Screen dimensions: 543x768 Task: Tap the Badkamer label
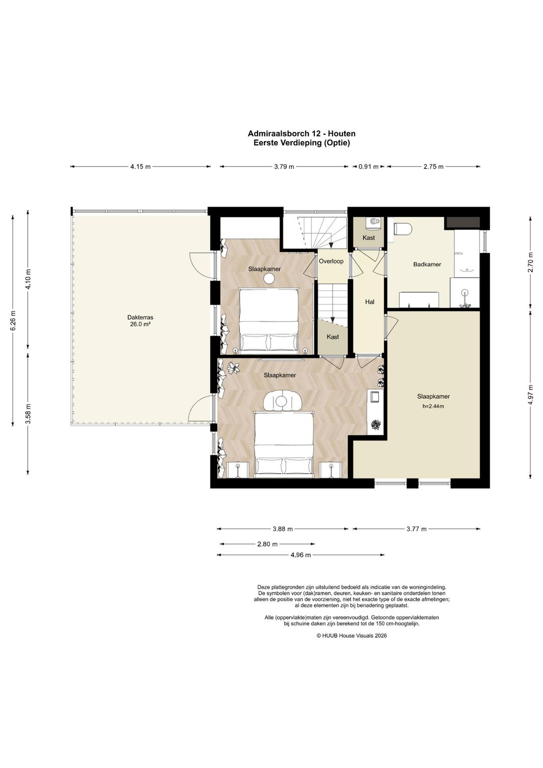point(427,264)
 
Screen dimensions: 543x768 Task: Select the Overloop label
point(331,261)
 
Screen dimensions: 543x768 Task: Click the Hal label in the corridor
point(370,302)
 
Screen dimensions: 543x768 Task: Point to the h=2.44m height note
point(433,407)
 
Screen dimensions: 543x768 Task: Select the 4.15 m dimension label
point(140,167)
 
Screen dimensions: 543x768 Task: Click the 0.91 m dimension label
point(368,167)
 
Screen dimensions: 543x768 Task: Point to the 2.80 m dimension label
point(267,544)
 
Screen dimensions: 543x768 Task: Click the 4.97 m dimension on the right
point(530,395)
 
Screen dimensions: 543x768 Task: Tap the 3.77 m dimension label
point(416,529)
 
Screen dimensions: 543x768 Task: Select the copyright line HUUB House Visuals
point(352,635)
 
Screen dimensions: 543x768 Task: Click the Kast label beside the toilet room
point(369,238)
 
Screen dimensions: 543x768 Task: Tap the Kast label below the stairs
point(333,337)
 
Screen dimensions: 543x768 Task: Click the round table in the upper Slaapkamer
point(268,279)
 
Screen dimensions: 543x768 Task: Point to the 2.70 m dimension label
point(530,262)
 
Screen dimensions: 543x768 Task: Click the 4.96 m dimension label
point(301,555)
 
